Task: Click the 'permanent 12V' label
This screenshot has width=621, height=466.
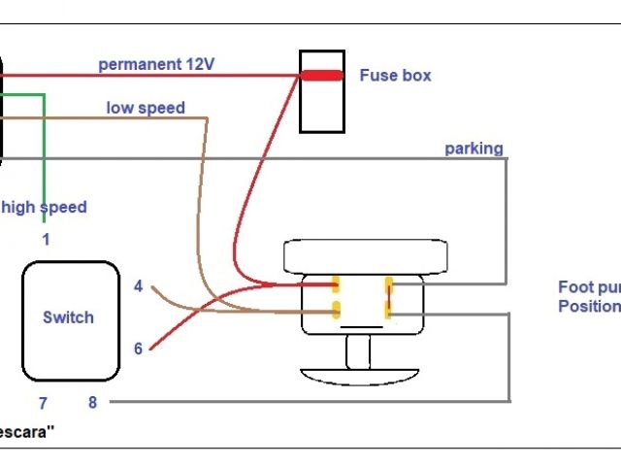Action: click(156, 65)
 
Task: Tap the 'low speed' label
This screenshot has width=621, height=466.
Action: click(146, 108)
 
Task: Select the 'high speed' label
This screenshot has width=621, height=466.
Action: click(44, 207)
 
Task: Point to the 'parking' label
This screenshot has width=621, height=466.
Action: click(474, 149)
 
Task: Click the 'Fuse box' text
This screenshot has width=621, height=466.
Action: click(395, 75)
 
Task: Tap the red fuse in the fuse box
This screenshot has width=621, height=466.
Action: click(320, 75)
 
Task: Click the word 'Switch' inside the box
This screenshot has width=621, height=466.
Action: click(68, 317)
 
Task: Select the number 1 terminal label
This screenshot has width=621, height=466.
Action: click(45, 238)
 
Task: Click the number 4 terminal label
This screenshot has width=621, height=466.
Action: click(138, 286)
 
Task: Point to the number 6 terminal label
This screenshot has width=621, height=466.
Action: click(138, 349)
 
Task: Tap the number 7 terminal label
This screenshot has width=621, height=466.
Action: click(43, 403)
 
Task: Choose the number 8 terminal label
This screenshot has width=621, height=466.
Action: click(92, 403)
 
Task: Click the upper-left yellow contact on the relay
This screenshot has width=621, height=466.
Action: click(336, 284)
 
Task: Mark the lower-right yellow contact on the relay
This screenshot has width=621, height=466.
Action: click(388, 310)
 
